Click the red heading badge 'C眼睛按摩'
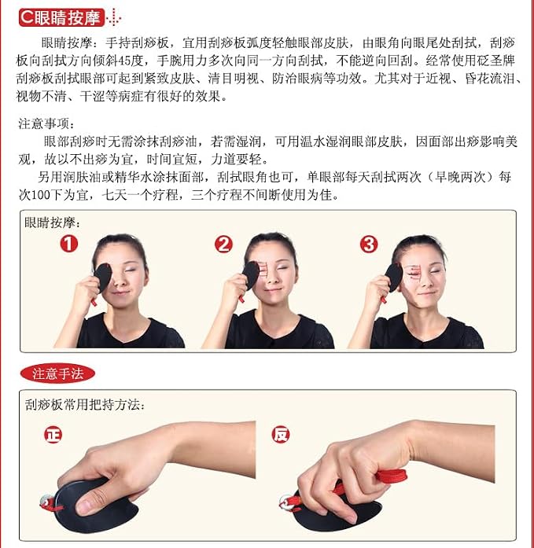61,17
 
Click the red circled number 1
69,244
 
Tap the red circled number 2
223,244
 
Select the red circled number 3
369,244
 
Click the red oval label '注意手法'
57,373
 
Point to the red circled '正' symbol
53,435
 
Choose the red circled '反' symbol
281,435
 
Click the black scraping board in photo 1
103,278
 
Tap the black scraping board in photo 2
251,275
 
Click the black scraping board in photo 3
394,278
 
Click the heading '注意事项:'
47,123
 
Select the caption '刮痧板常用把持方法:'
85,405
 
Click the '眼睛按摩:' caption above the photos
53,223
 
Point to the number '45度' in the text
131,61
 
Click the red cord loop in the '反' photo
392,476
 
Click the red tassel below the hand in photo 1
94,302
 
